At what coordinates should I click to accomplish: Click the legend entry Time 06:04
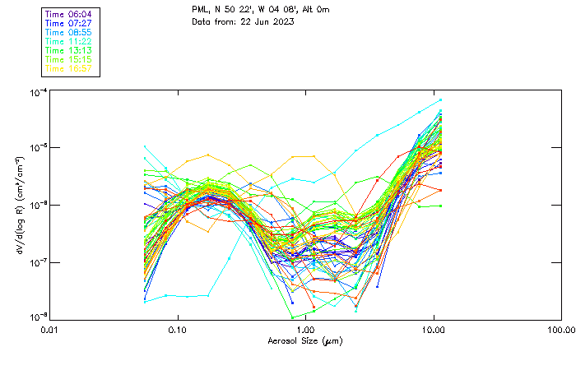tap(68, 15)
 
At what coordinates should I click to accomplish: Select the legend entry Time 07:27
tap(68, 24)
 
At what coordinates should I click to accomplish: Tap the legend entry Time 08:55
tap(68, 33)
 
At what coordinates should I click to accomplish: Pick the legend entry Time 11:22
tap(68, 41)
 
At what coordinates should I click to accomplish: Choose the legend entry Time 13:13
tap(68, 50)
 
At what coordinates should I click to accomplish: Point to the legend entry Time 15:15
tap(68, 59)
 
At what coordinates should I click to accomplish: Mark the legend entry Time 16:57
tap(68, 68)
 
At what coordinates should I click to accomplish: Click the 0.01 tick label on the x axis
tap(49, 329)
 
